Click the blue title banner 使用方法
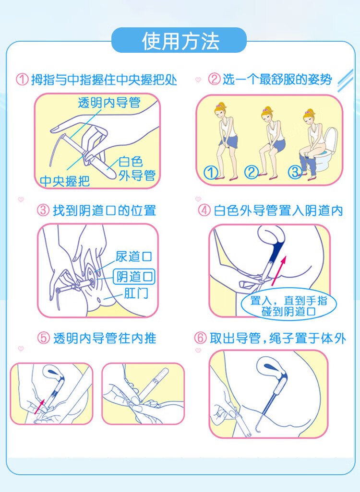coord(179,40)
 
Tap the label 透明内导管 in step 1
coord(109,103)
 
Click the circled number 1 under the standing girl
coord(210,172)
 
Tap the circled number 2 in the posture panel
coord(252,172)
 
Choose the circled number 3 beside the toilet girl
coord(295,172)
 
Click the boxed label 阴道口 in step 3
coord(134,277)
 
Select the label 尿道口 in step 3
coord(133,257)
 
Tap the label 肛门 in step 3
coord(136,293)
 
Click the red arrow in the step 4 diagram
coord(279,270)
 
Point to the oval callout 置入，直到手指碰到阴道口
coord(288,305)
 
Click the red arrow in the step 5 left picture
coord(39,406)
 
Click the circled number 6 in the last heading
coord(200,338)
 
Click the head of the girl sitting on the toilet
coord(310,117)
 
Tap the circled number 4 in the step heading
coord(204,210)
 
